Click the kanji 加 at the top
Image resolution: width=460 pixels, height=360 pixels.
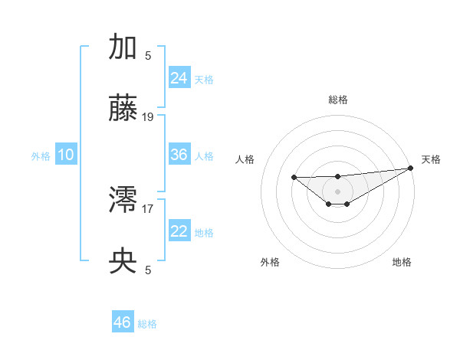pyautogui.click(x=123, y=47)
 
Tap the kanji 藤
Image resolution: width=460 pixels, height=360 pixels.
pyautogui.click(x=123, y=110)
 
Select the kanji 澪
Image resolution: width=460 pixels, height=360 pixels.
pyautogui.click(x=123, y=201)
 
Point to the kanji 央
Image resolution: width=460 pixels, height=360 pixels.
pyautogui.click(x=123, y=263)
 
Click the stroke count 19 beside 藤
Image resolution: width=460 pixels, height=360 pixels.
pyautogui.click(x=148, y=117)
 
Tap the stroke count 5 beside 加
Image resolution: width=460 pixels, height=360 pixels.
pyautogui.click(x=148, y=55)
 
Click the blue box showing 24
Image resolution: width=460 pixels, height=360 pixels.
pyautogui.click(x=179, y=77)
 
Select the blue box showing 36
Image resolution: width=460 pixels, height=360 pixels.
pyautogui.click(x=179, y=155)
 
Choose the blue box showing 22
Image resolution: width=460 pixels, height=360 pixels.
pyautogui.click(x=179, y=231)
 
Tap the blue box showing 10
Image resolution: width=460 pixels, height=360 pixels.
pyautogui.click(x=66, y=155)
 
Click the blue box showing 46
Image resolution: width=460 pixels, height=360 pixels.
pyautogui.click(x=122, y=322)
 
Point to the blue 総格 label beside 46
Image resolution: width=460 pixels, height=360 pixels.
pyautogui.click(x=147, y=324)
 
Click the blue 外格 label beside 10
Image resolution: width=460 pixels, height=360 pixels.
pyautogui.click(x=41, y=156)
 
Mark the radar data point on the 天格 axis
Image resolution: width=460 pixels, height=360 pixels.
pyautogui.click(x=411, y=168)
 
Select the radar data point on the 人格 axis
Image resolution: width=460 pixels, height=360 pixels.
pyautogui.click(x=294, y=177)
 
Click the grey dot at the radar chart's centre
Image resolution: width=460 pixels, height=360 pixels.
pyautogui.click(x=337, y=191)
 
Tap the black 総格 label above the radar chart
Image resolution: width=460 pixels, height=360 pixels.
pyautogui.click(x=338, y=100)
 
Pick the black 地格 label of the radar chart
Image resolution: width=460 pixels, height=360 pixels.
pyautogui.click(x=402, y=262)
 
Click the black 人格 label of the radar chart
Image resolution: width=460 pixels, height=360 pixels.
pyautogui.click(x=245, y=159)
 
